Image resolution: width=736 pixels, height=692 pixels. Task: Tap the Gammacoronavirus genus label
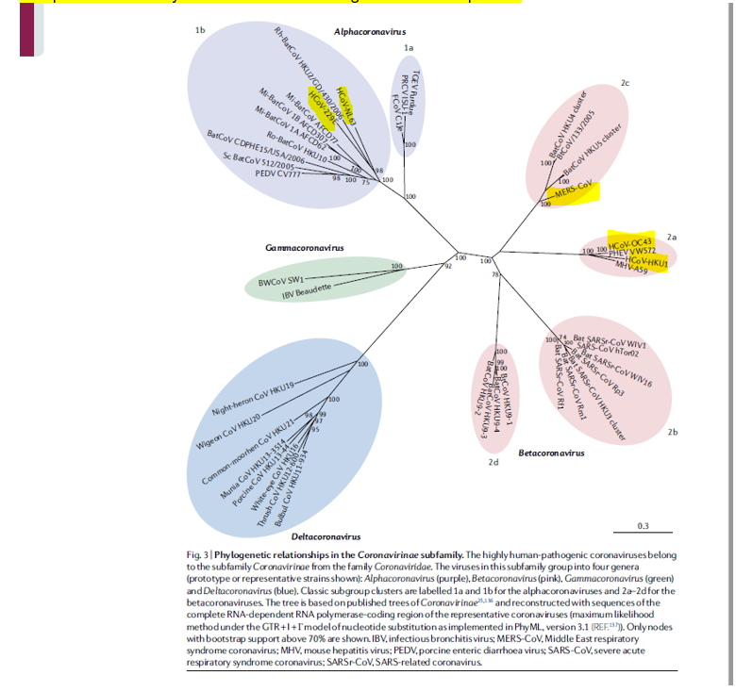(x=305, y=248)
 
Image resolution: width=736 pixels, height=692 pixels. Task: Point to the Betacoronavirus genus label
(x=555, y=453)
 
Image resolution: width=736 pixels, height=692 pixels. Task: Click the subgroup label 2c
(x=625, y=83)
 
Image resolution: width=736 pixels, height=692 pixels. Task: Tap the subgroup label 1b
(x=199, y=30)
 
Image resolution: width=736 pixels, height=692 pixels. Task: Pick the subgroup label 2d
(x=493, y=462)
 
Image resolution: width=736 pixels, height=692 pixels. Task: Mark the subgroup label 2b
(x=672, y=432)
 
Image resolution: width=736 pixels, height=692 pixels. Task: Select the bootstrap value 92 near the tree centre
(x=448, y=266)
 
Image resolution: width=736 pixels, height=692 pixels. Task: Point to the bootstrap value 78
(x=494, y=273)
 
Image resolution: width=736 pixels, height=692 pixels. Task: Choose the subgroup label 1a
(x=408, y=46)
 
